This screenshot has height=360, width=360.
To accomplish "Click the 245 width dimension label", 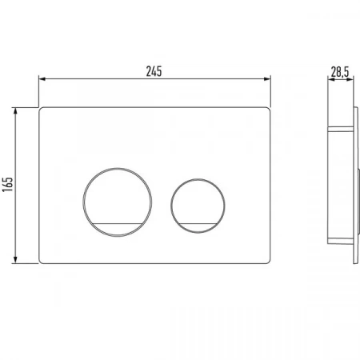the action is [x=154, y=71].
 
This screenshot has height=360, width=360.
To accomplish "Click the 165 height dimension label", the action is [x=7, y=184].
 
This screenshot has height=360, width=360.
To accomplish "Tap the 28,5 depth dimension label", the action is [x=340, y=71].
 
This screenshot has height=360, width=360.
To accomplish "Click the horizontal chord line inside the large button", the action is [x=118, y=223].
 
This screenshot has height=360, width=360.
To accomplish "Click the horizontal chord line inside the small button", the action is [x=198, y=223].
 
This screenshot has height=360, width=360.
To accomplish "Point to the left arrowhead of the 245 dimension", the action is [x=42, y=78].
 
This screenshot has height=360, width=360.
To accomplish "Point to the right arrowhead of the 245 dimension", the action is [x=267, y=78].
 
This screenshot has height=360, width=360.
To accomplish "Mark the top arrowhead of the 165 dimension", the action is [x=15, y=110].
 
